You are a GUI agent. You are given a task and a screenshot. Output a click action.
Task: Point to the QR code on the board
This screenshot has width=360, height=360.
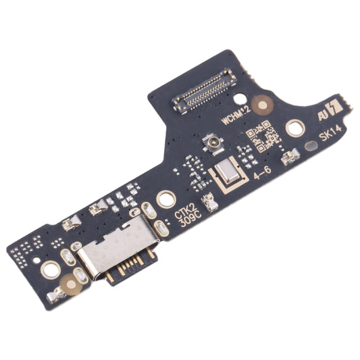[x=265, y=137]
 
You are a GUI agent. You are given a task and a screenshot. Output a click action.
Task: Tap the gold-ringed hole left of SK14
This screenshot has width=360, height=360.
[x=294, y=128]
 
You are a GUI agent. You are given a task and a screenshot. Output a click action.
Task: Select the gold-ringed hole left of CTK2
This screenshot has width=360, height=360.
[x=165, y=199]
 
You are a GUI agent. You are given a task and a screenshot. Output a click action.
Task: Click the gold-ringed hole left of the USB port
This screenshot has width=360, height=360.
[x=49, y=269]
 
